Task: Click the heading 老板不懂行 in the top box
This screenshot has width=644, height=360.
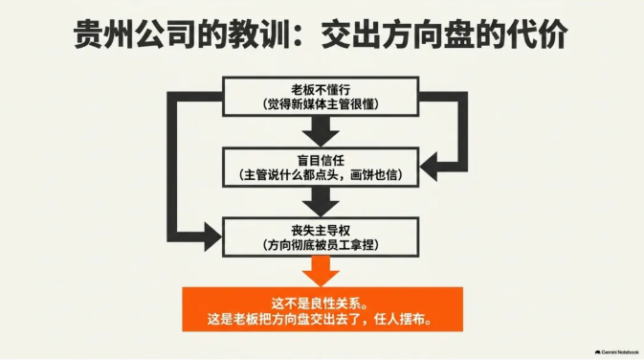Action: (x=321, y=90)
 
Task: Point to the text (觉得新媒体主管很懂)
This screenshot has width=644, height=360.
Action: (x=321, y=104)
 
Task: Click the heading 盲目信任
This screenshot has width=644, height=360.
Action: (x=321, y=160)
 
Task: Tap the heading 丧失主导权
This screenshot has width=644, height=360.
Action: (x=321, y=231)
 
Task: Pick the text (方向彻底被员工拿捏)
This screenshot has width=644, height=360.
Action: (x=321, y=245)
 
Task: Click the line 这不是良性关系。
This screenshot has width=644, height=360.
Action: (x=320, y=304)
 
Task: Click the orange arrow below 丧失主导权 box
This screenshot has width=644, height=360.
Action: (x=321, y=271)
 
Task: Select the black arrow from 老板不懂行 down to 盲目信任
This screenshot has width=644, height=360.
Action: (x=321, y=131)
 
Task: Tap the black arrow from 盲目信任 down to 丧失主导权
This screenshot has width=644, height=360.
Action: (x=321, y=201)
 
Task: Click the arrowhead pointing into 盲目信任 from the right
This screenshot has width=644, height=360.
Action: (x=428, y=166)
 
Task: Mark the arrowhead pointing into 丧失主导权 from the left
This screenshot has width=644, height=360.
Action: (x=213, y=237)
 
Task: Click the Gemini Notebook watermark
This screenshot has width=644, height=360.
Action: (x=617, y=352)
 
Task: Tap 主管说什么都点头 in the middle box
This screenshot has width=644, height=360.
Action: (x=293, y=175)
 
